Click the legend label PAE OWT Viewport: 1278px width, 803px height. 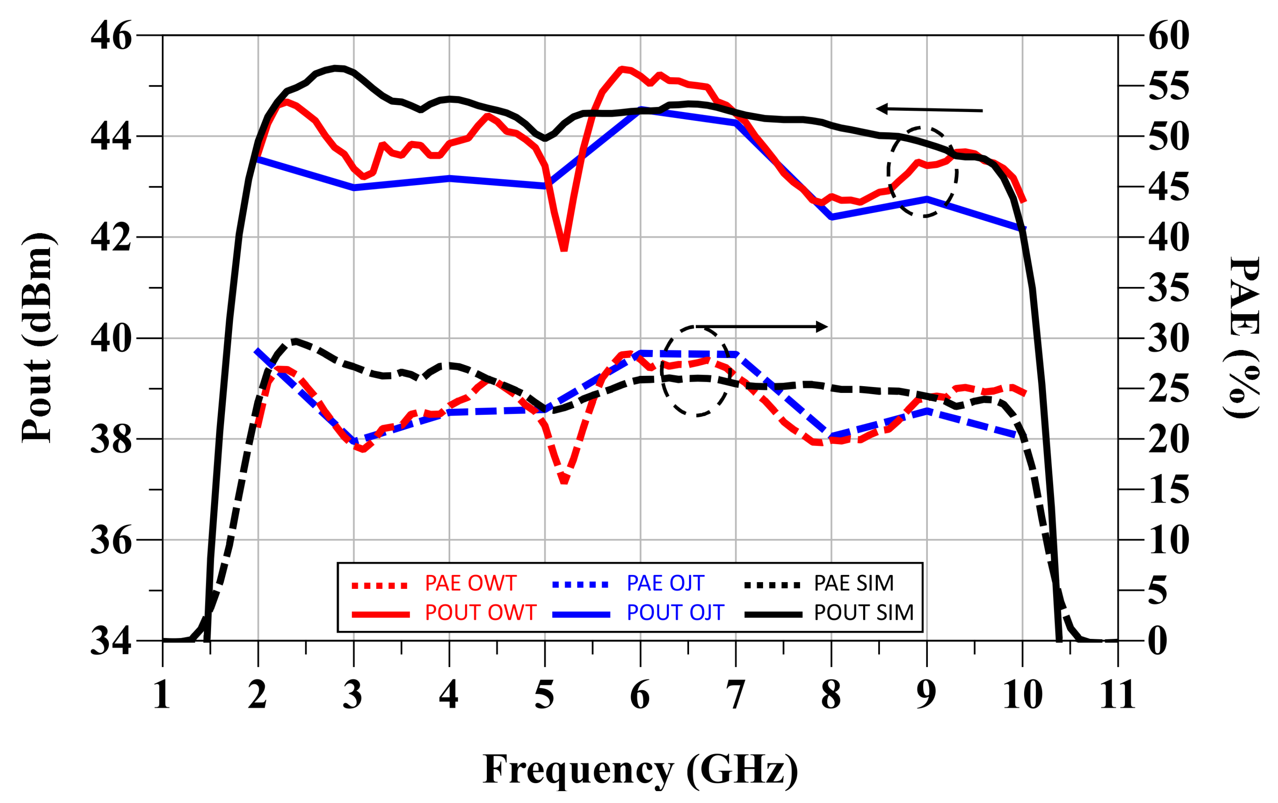click(470, 583)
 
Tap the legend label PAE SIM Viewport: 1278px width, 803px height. click(854, 583)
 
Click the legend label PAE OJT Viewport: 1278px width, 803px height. click(665, 583)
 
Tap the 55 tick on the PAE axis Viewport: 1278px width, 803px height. click(1169, 86)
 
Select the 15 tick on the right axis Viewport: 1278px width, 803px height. click(1169, 490)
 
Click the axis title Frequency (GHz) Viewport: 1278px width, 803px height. click(640, 769)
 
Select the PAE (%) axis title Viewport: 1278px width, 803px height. click(1243, 338)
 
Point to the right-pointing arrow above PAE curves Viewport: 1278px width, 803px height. click(762, 326)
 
